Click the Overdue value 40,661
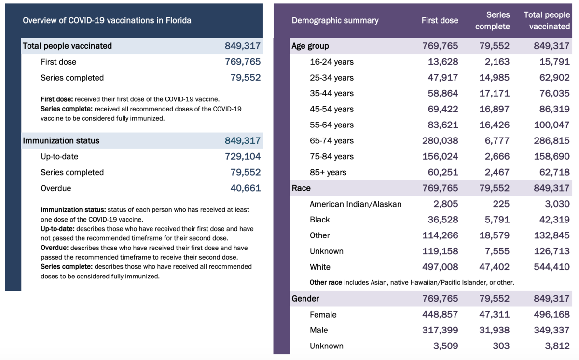click(x=245, y=188)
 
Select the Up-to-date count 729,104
click(x=243, y=156)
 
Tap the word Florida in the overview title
click(x=175, y=20)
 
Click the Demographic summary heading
click(x=335, y=20)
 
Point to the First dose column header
click(x=440, y=20)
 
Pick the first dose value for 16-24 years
click(x=443, y=62)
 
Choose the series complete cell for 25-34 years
click(x=495, y=78)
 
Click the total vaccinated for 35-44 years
click(x=551, y=93)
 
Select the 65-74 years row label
click(x=331, y=141)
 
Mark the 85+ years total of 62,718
click(x=551, y=172)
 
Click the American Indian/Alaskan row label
click(x=356, y=204)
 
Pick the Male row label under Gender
click(x=318, y=331)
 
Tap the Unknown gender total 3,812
click(x=556, y=346)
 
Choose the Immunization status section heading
click(x=61, y=141)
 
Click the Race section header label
click(x=301, y=188)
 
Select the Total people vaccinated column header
click(x=547, y=21)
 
